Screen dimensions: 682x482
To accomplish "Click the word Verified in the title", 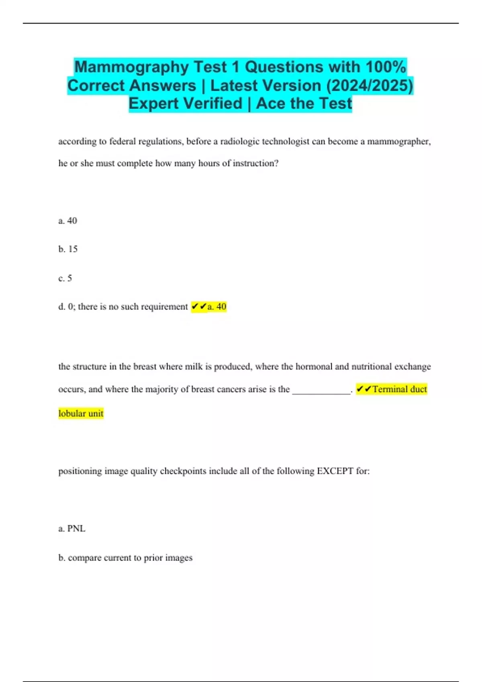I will [x=213, y=104].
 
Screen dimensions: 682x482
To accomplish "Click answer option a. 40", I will [x=67, y=221].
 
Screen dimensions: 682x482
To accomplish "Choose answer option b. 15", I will [x=68, y=249].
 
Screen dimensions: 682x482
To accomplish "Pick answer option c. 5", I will [x=65, y=278].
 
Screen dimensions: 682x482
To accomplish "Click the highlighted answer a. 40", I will [x=216, y=307].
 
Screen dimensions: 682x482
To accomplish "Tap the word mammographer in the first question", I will [x=398, y=142].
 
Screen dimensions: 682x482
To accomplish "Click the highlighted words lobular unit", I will [x=81, y=414].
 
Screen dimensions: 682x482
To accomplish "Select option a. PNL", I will [x=72, y=529].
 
